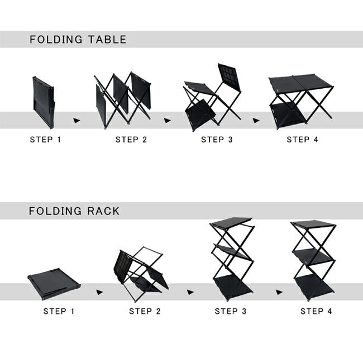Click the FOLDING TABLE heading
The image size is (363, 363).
pos(78,39)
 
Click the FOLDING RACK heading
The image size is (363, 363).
pos(74,211)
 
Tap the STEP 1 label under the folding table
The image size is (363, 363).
pos(45,140)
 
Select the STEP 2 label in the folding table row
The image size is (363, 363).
pos(131,140)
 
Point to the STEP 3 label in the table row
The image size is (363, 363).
pos(217,140)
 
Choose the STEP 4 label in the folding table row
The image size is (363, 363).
pos(302,140)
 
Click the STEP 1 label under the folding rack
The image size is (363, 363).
pos(59,311)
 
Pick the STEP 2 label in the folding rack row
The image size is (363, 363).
pos(145,311)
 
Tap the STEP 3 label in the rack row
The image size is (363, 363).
pos(230,311)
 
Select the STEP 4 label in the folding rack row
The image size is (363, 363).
pos(316,311)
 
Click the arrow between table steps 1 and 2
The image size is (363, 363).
pos(77,121)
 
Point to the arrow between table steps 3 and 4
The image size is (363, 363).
pos(256,121)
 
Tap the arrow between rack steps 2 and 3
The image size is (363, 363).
pos(190,292)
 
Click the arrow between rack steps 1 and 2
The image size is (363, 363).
pos(99,292)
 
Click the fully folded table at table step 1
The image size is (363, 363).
pos(44,103)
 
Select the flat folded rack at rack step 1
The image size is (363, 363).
pos(54,284)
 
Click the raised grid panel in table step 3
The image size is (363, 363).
pos(229,77)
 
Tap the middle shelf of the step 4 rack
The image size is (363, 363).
pos(313,257)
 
